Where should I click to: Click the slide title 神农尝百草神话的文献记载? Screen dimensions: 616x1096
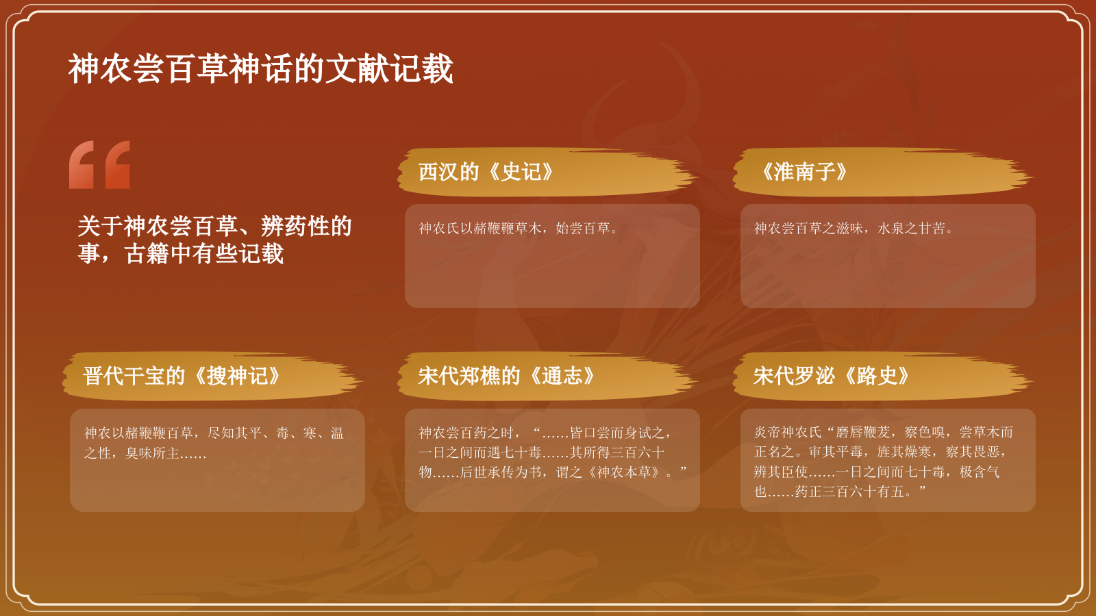coord(260,69)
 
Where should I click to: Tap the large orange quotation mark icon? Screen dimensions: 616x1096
coord(99,165)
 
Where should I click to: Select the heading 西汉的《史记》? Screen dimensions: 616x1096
coord(486,172)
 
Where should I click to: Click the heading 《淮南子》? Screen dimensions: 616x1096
coord(804,172)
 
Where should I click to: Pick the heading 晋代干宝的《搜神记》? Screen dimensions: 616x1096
coord(182,376)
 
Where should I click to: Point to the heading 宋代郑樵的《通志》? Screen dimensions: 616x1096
coord(506,376)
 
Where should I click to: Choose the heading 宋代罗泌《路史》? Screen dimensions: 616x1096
coord(831,376)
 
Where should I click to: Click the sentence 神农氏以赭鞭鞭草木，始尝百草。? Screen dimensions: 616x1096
coord(519,229)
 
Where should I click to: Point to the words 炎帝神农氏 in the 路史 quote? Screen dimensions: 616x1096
coord(788,433)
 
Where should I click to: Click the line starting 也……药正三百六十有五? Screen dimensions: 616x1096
coord(840,491)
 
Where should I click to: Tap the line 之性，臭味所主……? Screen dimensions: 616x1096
coord(145,453)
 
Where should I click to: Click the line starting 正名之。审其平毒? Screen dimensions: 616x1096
coord(880,452)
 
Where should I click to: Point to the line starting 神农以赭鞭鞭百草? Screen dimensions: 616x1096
coord(214,433)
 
